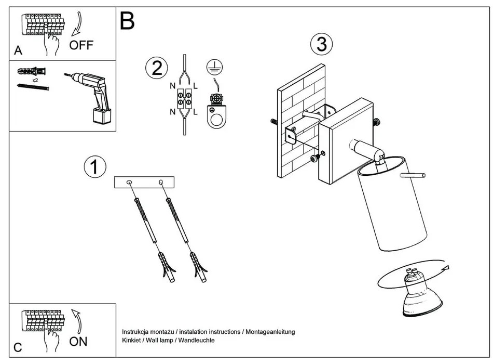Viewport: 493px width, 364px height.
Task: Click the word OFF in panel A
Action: point(81,45)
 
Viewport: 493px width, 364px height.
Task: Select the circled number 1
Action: point(94,167)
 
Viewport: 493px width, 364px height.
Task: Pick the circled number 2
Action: point(157,69)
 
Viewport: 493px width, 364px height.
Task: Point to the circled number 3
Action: point(321,44)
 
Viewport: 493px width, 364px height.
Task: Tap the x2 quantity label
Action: point(35,81)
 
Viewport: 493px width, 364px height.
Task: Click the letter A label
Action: point(18,51)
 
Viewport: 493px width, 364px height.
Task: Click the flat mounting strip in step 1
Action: point(144,182)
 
